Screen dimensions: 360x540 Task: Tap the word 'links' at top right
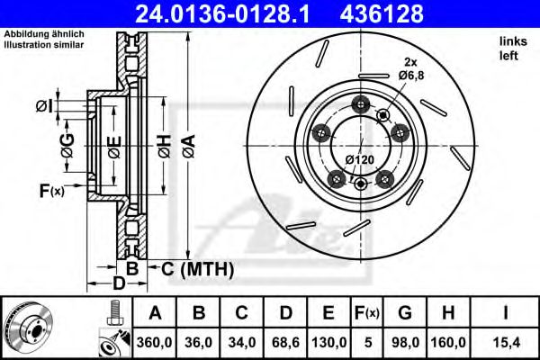click(x=510, y=41)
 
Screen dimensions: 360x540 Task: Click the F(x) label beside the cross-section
click(x=51, y=190)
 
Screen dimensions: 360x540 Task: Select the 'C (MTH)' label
click(x=198, y=268)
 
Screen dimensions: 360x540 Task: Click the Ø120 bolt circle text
click(x=360, y=159)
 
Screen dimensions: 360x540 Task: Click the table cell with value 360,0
click(x=155, y=342)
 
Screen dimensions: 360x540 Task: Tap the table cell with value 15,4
click(x=507, y=342)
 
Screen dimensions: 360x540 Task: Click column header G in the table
click(x=405, y=313)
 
